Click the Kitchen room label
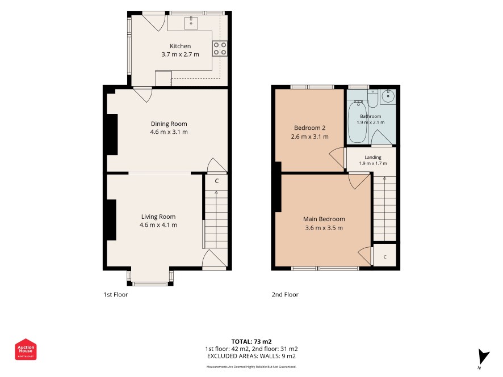tap(180, 46)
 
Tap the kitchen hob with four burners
tap(220, 48)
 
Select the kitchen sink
tap(191, 23)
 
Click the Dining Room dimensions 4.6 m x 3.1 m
tap(169, 132)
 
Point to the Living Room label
tap(158, 217)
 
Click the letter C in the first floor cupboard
tap(216, 181)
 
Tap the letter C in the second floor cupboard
tap(385, 257)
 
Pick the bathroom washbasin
tap(388, 96)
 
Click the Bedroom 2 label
tap(309, 128)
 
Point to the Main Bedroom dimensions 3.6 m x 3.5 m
tap(324, 228)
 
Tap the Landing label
tap(373, 157)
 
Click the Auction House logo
tap(26, 349)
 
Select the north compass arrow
tap(484, 357)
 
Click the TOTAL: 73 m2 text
tap(251, 342)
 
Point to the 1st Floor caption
tap(115, 295)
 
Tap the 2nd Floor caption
tap(285, 295)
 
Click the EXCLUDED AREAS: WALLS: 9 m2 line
tap(251, 356)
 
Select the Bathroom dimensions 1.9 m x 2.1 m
tap(371, 122)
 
